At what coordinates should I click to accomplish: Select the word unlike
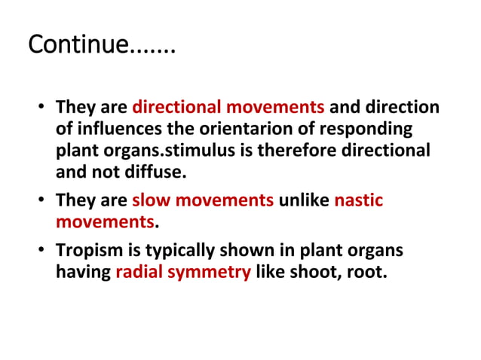[304, 200]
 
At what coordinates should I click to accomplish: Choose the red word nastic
[358, 200]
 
